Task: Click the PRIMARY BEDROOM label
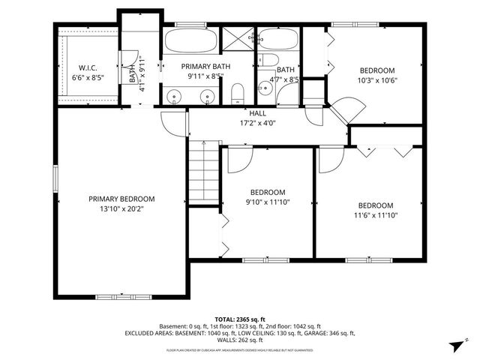[x=121, y=199]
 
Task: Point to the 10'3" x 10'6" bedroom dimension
[x=376, y=81]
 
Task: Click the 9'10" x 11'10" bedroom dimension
[x=268, y=201]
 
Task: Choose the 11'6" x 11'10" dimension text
[x=375, y=215]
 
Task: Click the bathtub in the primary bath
[x=190, y=40]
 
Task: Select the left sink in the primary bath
[x=174, y=95]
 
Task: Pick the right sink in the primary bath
[x=207, y=95]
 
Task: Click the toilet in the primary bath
[x=237, y=93]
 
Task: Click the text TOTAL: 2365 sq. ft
[x=239, y=319]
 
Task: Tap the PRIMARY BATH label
[x=205, y=67]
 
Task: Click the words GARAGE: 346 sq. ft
[x=325, y=333]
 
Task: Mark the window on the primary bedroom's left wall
[x=54, y=181]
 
